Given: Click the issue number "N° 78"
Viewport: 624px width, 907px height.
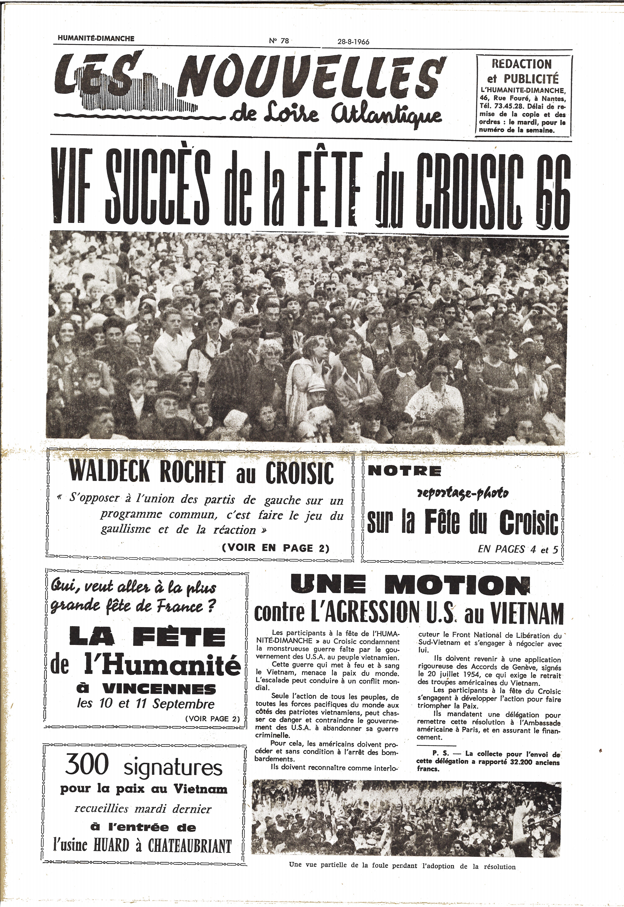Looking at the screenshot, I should click(279, 41).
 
